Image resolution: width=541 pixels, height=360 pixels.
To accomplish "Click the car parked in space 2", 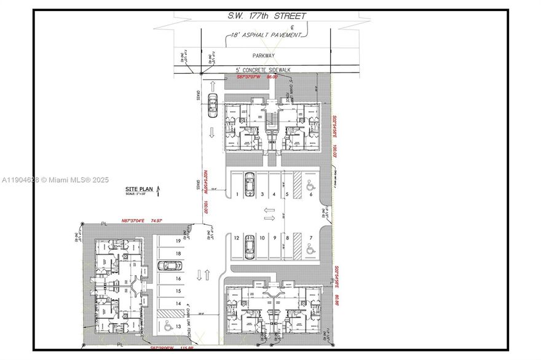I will (250, 183).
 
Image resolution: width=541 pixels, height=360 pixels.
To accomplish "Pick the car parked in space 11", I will (250, 246).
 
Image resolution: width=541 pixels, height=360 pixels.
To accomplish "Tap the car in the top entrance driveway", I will (213, 106).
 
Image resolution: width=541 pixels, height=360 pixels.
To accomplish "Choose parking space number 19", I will (178, 241).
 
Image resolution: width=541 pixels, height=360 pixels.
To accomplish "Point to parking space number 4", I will (274, 194).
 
